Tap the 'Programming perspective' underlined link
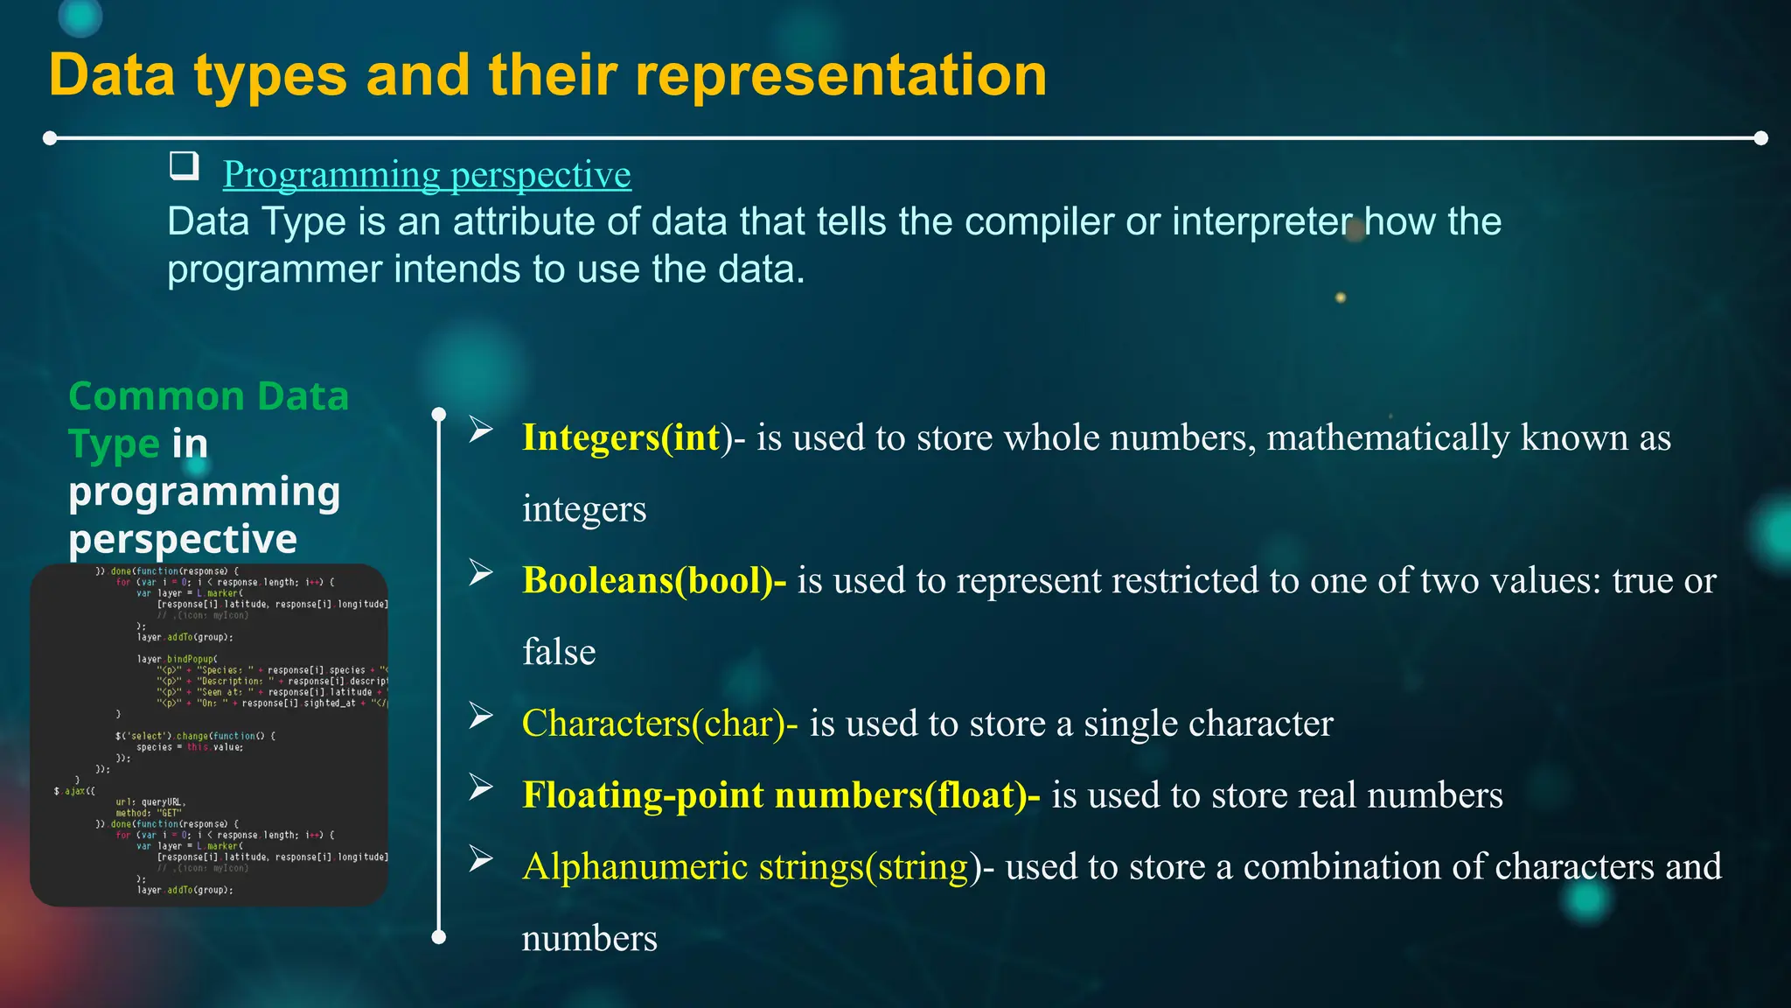(x=427, y=175)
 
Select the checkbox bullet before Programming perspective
(x=184, y=164)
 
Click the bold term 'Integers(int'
(x=621, y=437)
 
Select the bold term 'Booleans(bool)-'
(x=654, y=581)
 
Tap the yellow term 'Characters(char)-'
(x=659, y=724)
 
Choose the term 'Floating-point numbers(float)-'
(x=781, y=795)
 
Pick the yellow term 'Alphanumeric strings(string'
(x=745, y=867)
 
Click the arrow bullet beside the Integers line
(x=481, y=429)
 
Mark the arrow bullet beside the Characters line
(x=481, y=715)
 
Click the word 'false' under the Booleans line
(x=559, y=653)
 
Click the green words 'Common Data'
(x=208, y=396)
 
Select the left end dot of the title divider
(x=50, y=138)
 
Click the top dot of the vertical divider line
(x=439, y=414)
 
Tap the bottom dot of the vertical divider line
(x=439, y=937)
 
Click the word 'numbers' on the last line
(x=589, y=939)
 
